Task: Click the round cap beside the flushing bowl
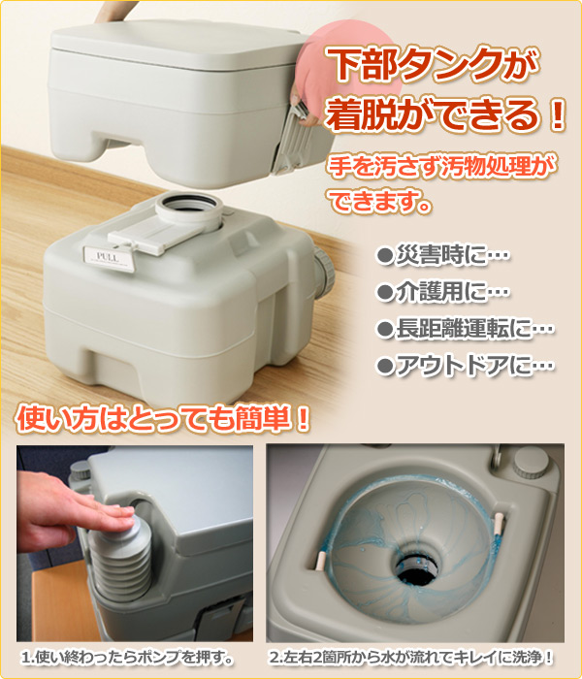[x=526, y=464]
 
